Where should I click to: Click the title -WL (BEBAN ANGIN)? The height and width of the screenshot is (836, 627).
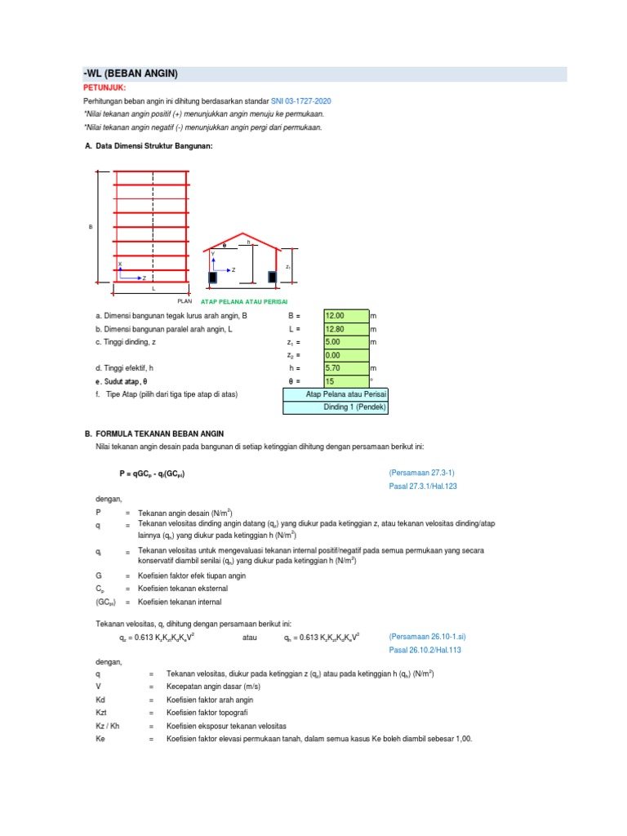(x=131, y=74)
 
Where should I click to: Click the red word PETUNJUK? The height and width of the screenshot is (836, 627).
(x=104, y=87)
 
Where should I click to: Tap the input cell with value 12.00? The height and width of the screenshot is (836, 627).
(x=345, y=315)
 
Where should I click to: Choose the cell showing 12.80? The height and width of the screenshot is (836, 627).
(x=345, y=329)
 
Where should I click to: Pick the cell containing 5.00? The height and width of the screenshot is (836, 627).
(x=345, y=342)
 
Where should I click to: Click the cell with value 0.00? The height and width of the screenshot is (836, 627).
(x=345, y=355)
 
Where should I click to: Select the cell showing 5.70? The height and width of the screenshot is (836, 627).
(x=345, y=368)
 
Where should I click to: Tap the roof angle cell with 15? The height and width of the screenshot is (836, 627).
(x=345, y=381)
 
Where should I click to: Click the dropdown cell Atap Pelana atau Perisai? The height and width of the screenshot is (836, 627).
(x=336, y=394)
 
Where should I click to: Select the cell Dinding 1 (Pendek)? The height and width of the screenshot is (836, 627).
(x=336, y=407)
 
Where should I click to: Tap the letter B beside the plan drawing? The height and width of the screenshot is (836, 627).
(x=91, y=226)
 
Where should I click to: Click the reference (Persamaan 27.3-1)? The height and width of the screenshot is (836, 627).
(x=428, y=473)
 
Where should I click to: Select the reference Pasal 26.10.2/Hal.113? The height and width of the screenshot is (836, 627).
(x=425, y=651)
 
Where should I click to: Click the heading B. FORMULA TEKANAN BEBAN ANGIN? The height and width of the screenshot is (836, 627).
(x=160, y=434)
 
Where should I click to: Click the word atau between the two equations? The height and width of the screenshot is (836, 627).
(x=251, y=637)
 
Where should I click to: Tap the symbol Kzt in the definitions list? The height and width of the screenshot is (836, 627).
(x=101, y=713)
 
